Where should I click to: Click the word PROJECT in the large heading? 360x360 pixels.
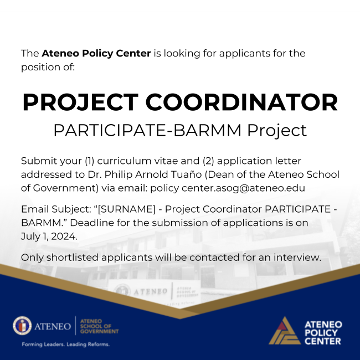[x=80, y=102]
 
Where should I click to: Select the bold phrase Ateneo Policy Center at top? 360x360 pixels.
[x=96, y=54]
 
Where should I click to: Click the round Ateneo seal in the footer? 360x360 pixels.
[x=22, y=326]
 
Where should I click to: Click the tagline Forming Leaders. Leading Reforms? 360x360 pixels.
[x=65, y=344]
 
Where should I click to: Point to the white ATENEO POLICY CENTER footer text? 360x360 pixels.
[x=323, y=332]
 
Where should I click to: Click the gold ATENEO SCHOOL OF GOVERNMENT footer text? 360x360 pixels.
[x=100, y=326]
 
